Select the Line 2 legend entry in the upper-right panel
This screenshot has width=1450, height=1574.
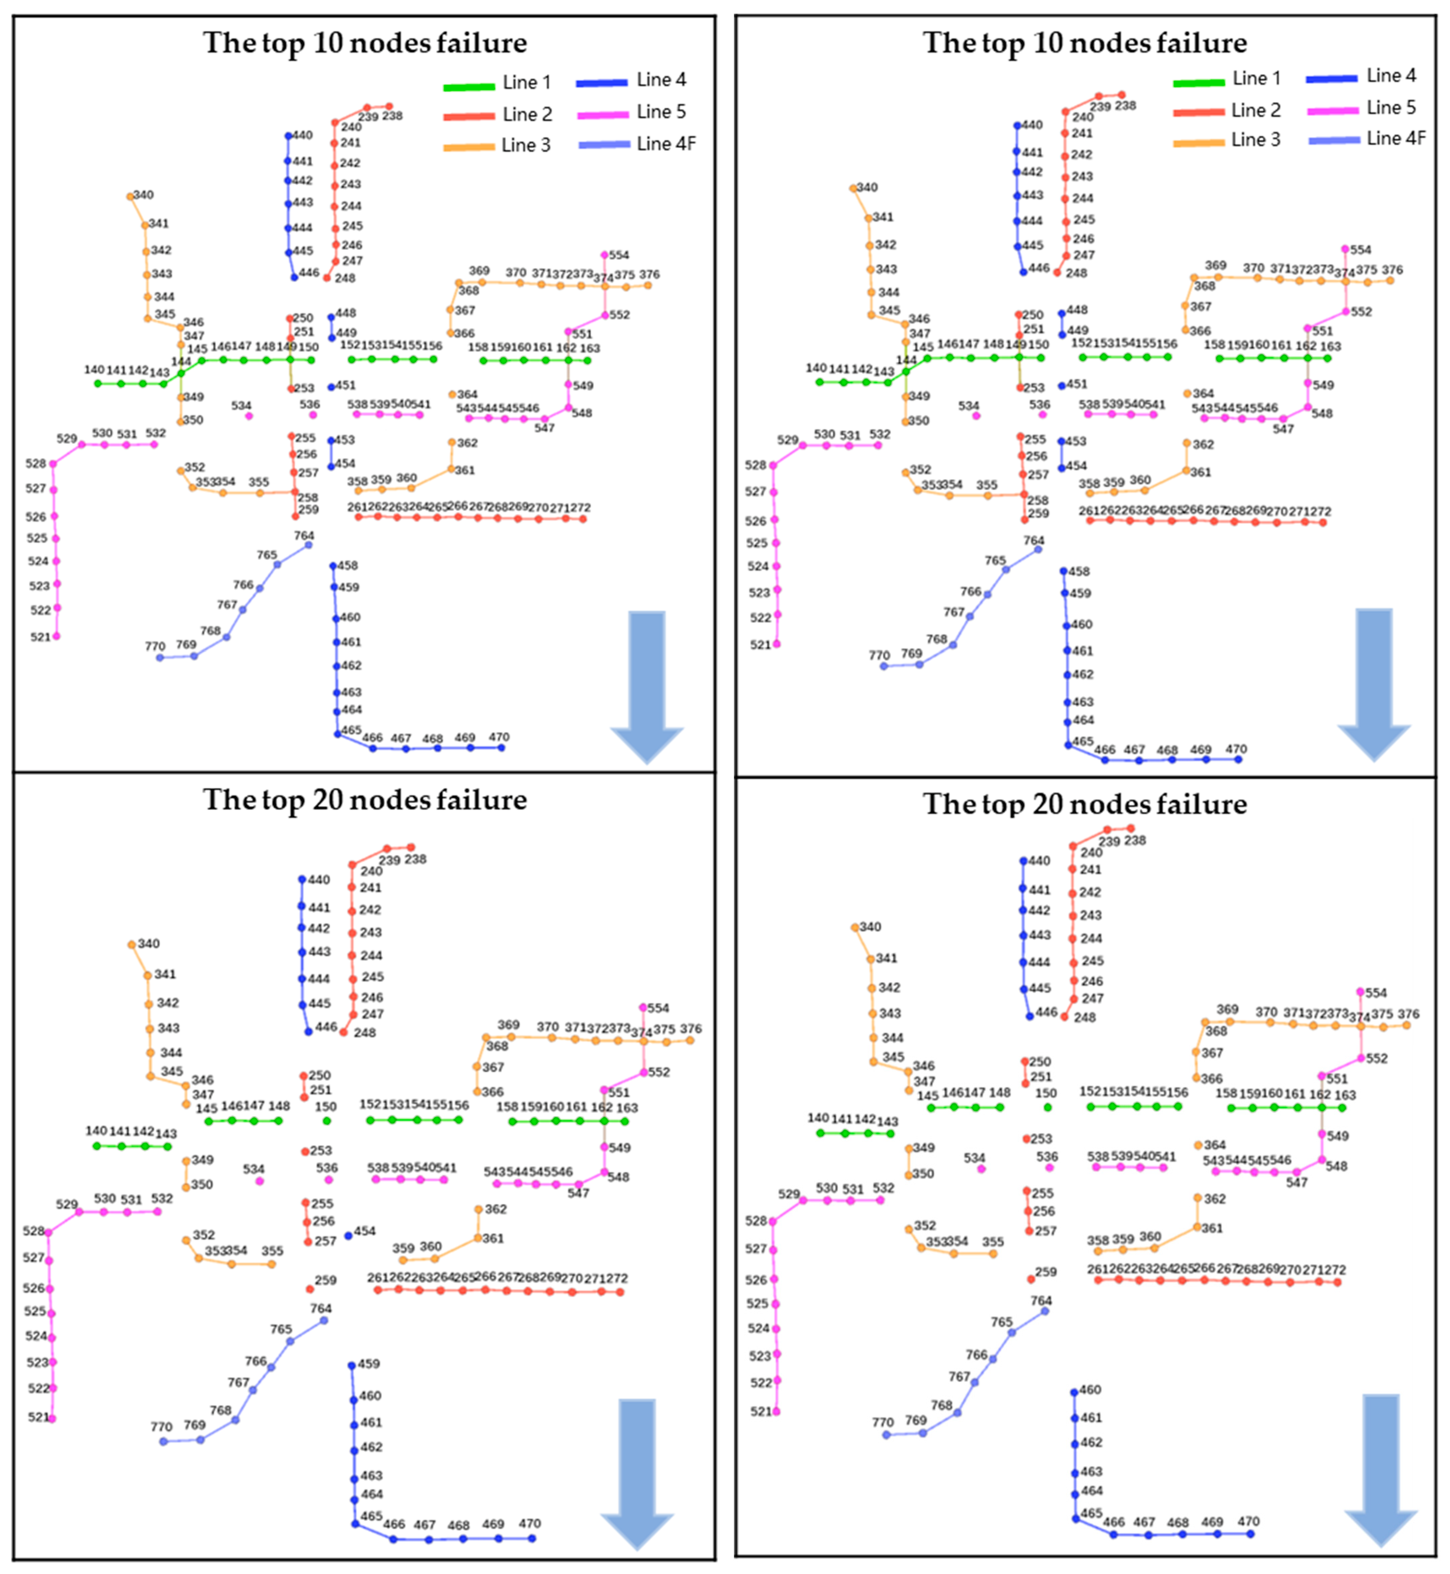coord(1227,111)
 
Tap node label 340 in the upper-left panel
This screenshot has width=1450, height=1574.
coord(144,195)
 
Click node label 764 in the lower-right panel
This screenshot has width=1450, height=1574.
coord(1041,1301)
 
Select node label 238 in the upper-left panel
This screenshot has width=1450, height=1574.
coord(392,115)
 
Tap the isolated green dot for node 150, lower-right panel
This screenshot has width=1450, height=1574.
coord(1048,1108)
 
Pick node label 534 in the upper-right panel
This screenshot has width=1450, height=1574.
coord(969,406)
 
